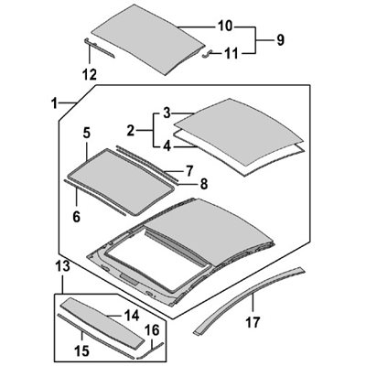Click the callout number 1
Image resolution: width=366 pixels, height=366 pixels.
[x=54, y=104]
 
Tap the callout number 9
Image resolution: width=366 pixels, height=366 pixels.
[x=280, y=40]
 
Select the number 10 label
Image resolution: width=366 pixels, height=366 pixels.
[x=225, y=27]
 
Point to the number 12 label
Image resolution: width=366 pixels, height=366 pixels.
[x=90, y=74]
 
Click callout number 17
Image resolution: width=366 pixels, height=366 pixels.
[x=253, y=322]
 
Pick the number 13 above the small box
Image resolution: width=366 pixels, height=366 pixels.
[x=63, y=265]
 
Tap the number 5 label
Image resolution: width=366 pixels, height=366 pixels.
[x=86, y=134]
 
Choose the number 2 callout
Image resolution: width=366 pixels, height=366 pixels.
[x=131, y=131]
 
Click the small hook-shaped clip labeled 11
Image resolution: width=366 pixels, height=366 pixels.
[x=207, y=54]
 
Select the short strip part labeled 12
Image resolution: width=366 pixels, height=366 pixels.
[x=98, y=48]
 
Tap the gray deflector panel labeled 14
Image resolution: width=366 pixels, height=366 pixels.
[x=103, y=322]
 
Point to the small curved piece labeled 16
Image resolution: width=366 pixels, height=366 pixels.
[x=150, y=350]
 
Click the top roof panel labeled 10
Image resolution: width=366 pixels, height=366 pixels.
[x=148, y=38]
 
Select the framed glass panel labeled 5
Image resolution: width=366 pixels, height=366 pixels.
[x=121, y=181]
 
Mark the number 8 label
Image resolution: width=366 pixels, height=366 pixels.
[x=204, y=184]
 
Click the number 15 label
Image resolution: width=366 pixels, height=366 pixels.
[x=82, y=350]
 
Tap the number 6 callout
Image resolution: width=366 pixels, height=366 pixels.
[x=76, y=217]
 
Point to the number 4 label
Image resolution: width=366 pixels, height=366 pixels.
[x=167, y=146]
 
